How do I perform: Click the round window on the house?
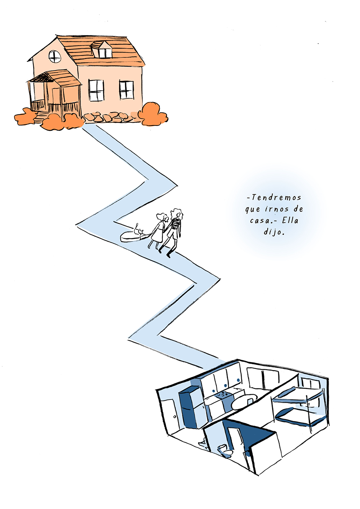[55, 56]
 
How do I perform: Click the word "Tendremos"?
[274, 197]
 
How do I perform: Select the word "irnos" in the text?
[280, 209]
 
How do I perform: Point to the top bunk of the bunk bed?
[298, 396]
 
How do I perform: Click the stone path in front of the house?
[106, 117]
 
